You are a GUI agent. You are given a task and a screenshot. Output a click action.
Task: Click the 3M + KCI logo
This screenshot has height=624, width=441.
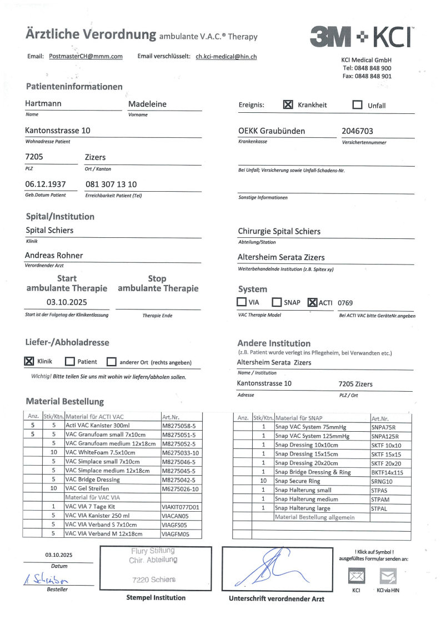(362, 37)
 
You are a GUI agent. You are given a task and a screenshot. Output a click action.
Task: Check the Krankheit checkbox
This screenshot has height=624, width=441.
(288, 104)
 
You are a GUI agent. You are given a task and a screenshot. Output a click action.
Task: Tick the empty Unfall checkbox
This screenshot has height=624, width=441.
(358, 105)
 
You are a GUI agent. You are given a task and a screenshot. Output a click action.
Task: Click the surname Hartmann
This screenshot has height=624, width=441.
(43, 104)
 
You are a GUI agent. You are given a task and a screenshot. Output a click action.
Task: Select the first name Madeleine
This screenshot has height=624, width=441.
(147, 104)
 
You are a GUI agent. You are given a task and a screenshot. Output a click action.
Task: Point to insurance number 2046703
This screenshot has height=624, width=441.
(357, 131)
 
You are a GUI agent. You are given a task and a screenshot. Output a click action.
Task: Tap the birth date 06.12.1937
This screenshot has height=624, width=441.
(46, 184)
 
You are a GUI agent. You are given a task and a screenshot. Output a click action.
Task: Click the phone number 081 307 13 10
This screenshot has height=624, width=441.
(111, 184)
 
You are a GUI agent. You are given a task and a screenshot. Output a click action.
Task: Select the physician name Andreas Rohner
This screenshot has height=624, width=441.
(54, 255)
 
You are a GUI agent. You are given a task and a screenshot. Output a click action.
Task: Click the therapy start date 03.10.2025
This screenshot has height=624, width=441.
(67, 302)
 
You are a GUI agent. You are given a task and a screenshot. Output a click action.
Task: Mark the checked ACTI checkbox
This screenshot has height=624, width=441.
(312, 302)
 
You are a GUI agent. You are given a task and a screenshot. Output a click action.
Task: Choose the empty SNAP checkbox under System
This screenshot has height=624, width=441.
(277, 302)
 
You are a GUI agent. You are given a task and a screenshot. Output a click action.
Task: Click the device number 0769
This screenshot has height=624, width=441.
(345, 303)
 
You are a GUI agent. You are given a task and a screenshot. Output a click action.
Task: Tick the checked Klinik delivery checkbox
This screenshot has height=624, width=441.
(29, 361)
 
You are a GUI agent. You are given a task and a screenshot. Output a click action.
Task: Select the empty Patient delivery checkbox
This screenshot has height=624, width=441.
(70, 362)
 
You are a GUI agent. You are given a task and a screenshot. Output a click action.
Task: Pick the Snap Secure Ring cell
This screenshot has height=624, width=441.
(298, 481)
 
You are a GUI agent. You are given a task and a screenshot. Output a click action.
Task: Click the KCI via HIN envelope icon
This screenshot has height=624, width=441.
(387, 576)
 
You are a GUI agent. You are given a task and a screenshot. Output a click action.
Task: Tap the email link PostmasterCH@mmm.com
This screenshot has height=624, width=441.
(86, 57)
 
